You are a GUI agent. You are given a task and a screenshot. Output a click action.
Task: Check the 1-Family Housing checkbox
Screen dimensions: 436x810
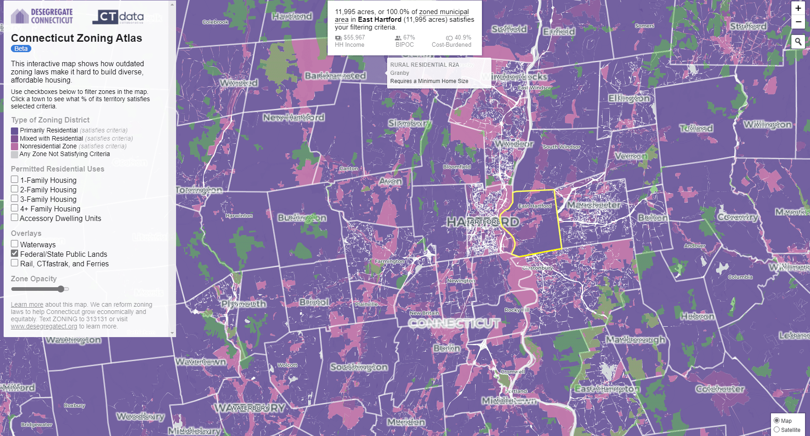coord(15,180)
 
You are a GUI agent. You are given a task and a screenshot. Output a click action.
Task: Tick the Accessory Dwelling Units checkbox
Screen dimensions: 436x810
coord(15,218)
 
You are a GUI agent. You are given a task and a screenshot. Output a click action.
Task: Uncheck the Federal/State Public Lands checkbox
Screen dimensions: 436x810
coord(15,254)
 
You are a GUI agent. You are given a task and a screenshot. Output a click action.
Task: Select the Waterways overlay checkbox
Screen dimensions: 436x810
coord(15,244)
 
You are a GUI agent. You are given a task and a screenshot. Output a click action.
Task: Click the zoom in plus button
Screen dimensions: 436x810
coord(798,8)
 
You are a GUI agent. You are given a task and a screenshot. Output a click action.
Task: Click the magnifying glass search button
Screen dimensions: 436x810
coord(798,42)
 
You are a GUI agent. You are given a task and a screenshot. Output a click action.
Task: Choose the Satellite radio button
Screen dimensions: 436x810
coord(776,430)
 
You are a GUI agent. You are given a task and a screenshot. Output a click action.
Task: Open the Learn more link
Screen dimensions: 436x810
coord(27,304)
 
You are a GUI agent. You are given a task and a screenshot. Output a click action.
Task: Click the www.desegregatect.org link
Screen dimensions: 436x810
coord(44,326)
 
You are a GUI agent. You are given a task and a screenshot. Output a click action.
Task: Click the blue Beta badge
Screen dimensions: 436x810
coord(21,49)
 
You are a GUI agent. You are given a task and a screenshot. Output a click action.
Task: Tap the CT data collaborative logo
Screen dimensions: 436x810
coord(118,17)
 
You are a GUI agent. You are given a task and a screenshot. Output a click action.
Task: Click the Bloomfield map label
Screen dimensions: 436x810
coord(457,167)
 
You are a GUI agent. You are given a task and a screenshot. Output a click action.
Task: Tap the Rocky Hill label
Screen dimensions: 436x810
coord(517,310)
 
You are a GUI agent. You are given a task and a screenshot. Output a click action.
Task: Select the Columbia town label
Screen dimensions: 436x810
coord(740,277)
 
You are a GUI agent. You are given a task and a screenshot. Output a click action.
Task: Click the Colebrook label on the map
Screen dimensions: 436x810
coord(216,22)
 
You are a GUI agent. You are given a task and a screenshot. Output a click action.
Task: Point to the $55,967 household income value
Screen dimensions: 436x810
coord(354,38)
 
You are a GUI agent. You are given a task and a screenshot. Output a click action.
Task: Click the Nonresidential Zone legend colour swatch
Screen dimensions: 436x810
coord(15,147)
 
